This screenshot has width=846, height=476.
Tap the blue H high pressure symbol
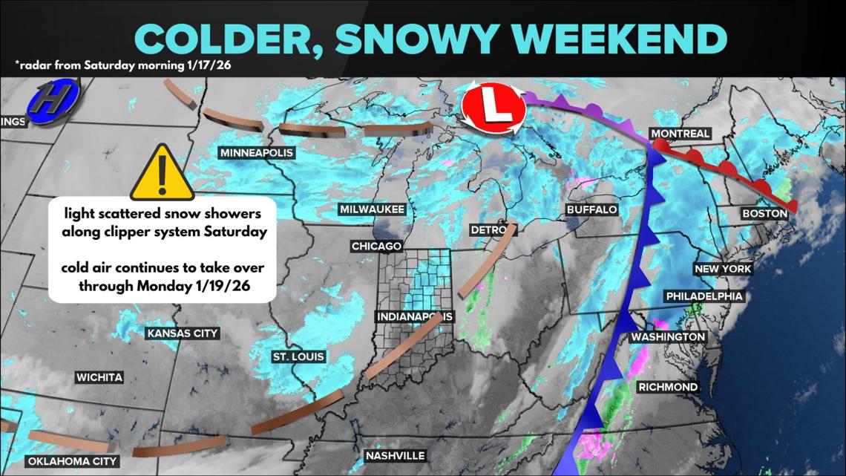[x=52, y=105]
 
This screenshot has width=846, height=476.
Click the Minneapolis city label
[x=257, y=153]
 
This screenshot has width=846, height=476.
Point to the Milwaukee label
[x=372, y=209]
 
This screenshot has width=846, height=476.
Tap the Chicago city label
[x=376, y=246]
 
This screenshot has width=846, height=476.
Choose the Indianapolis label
[x=415, y=316]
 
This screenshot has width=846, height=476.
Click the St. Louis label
[x=298, y=357]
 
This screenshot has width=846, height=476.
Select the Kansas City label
[x=183, y=333]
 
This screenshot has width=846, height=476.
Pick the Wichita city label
[x=99, y=378]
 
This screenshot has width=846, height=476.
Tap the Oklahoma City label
[x=73, y=462]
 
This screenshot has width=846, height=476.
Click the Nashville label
[x=395, y=455]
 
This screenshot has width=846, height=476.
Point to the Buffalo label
[x=591, y=210]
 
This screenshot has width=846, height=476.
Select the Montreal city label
[x=680, y=134]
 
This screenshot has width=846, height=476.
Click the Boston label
[x=764, y=214]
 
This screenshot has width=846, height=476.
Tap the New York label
[x=722, y=269]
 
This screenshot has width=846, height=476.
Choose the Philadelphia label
[x=704, y=296]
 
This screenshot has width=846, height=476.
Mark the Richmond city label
[x=668, y=387]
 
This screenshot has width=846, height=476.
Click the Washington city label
[x=667, y=337]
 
